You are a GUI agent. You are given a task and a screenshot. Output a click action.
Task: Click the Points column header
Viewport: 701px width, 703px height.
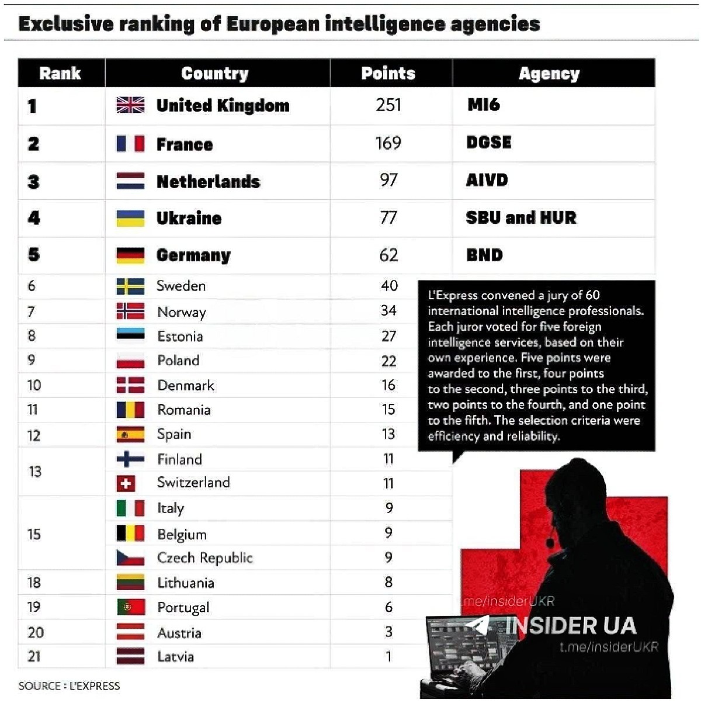pyautogui.click(x=388, y=73)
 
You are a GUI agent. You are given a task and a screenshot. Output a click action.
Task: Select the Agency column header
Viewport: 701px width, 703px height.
pyautogui.click(x=549, y=74)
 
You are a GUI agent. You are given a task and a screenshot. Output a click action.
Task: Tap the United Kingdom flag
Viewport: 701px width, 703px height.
pyautogui.click(x=130, y=105)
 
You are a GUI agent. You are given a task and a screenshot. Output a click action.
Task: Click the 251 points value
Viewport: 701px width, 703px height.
pyautogui.click(x=388, y=105)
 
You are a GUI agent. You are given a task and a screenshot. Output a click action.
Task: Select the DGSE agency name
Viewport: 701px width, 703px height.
pyautogui.click(x=489, y=142)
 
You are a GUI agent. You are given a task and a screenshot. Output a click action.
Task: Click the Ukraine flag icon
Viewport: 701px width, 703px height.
pyautogui.click(x=130, y=218)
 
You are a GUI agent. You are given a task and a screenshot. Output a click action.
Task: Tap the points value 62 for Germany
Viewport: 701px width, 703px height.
pyautogui.click(x=388, y=255)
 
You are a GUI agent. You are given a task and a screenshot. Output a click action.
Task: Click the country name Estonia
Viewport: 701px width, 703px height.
pyautogui.click(x=180, y=336)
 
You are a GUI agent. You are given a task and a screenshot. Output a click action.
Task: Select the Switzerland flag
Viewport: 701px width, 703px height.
pyautogui.click(x=126, y=483)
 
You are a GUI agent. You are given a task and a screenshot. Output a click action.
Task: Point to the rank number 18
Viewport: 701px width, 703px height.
pyautogui.click(x=33, y=583)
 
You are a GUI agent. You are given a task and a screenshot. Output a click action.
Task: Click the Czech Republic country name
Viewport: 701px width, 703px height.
pyautogui.click(x=205, y=558)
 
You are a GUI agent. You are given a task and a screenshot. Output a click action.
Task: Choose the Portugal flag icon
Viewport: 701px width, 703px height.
pyautogui.click(x=131, y=607)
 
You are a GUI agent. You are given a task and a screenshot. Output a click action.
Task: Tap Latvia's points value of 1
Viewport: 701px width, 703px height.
pyautogui.click(x=389, y=657)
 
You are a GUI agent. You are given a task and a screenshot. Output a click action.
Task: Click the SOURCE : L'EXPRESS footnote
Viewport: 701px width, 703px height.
pyautogui.click(x=69, y=686)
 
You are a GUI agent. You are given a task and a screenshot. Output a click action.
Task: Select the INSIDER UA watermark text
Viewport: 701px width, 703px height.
pyautogui.click(x=571, y=626)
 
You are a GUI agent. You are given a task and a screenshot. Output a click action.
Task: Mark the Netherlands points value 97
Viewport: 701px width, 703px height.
pyautogui.click(x=388, y=180)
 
